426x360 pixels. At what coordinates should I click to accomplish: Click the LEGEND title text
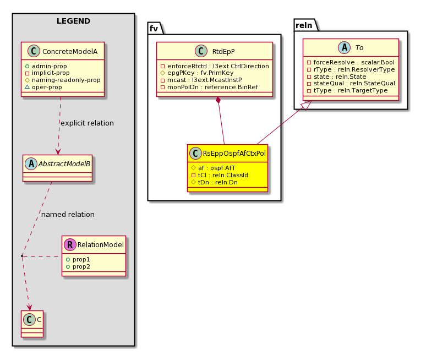click(x=73, y=21)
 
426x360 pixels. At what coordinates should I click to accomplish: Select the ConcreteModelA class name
click(x=70, y=51)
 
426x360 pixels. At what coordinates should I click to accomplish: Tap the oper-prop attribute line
click(x=43, y=87)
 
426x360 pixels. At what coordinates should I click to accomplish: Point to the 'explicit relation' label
click(x=87, y=123)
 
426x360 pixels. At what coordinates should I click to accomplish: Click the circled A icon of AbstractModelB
click(x=31, y=163)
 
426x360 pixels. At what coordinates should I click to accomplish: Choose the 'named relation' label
click(x=68, y=214)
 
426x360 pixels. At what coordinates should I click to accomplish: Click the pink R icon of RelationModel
click(x=70, y=244)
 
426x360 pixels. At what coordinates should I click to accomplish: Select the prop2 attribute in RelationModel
click(x=78, y=266)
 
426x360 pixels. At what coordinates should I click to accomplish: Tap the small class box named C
click(x=32, y=324)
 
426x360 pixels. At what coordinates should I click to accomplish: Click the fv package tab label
click(x=154, y=29)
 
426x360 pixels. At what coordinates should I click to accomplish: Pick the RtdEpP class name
click(x=223, y=51)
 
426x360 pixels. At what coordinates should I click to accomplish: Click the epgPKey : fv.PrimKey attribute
click(x=197, y=73)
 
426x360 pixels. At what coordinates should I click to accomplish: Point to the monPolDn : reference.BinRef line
click(x=209, y=87)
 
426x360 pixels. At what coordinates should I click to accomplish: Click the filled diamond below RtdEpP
click(x=218, y=100)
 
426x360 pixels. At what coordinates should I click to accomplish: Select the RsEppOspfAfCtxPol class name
click(x=234, y=153)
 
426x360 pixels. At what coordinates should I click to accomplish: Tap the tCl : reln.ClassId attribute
click(x=220, y=175)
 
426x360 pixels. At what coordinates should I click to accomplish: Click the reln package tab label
click(x=304, y=25)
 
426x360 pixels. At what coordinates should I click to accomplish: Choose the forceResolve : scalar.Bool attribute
click(x=351, y=62)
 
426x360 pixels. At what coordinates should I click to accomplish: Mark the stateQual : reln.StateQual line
click(x=351, y=84)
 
